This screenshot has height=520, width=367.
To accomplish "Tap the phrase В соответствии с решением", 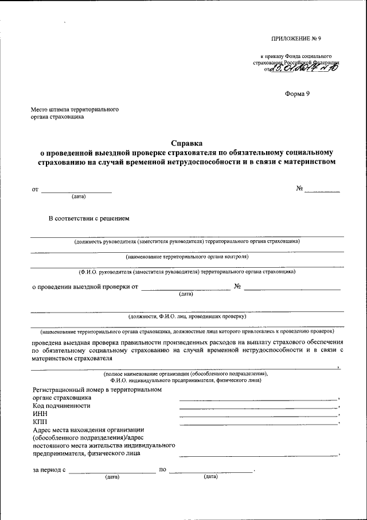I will [x=89, y=218].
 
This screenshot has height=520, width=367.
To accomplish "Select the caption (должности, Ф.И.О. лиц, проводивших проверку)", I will [x=187, y=316].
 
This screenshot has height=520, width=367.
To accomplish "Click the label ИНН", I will [x=39, y=414].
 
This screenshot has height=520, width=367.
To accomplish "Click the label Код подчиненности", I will [x=61, y=406].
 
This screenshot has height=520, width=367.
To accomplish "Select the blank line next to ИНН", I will [x=258, y=415].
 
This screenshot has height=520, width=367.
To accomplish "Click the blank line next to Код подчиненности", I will [x=258, y=407].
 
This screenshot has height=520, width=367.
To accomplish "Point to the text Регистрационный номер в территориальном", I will [x=97, y=390].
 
